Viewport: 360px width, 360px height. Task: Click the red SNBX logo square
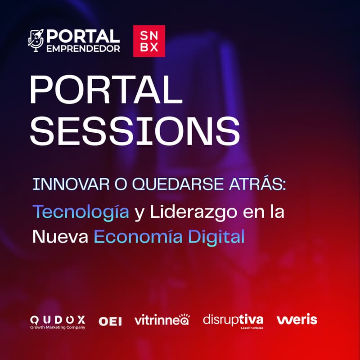(149, 41)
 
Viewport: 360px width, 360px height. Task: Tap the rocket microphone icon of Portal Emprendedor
(36, 41)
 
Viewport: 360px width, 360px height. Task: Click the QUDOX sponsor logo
(57, 319)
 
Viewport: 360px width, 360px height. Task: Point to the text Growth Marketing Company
(57, 328)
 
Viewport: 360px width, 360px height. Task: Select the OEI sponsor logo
(110, 321)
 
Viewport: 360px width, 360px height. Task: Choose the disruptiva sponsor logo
(233, 320)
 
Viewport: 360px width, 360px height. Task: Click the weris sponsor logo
(297, 320)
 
